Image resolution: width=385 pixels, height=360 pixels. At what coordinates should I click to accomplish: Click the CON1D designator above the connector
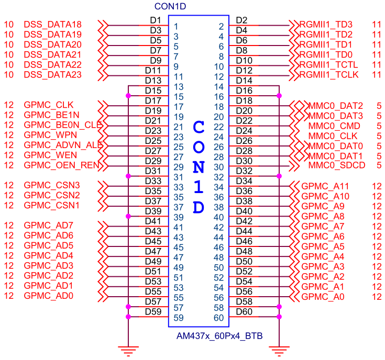pyautogui.click(x=171, y=7)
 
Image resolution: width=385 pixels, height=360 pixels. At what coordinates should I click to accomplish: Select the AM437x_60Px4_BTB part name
pyautogui.click(x=219, y=335)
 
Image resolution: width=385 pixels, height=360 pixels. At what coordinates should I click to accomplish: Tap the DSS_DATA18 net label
pyautogui.click(x=52, y=25)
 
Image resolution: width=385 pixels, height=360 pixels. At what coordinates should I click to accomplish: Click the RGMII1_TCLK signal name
pyautogui.click(x=328, y=75)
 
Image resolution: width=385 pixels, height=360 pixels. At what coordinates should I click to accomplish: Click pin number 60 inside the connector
pyautogui.click(x=219, y=317)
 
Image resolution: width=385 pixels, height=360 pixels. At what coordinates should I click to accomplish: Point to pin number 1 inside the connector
pyautogui.click(x=176, y=26)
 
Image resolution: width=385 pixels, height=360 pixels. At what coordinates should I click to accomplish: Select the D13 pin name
pyautogui.click(x=152, y=81)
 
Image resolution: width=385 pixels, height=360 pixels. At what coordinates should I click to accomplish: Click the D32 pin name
pyautogui.click(x=244, y=171)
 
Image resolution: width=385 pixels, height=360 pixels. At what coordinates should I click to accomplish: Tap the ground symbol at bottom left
pyautogui.click(x=128, y=350)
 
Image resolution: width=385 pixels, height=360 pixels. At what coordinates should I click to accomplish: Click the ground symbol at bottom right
pyautogui.click(x=279, y=350)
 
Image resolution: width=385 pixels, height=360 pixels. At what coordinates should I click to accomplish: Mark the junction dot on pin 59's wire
pyautogui.click(x=128, y=317)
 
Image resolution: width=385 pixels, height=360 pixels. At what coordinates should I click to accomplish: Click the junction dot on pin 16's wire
pyautogui.click(x=279, y=95)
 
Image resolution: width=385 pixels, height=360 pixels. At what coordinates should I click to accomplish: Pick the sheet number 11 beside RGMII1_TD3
pyautogui.click(x=376, y=25)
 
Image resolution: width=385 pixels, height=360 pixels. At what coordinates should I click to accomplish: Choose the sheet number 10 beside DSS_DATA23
pyautogui.click(x=8, y=75)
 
